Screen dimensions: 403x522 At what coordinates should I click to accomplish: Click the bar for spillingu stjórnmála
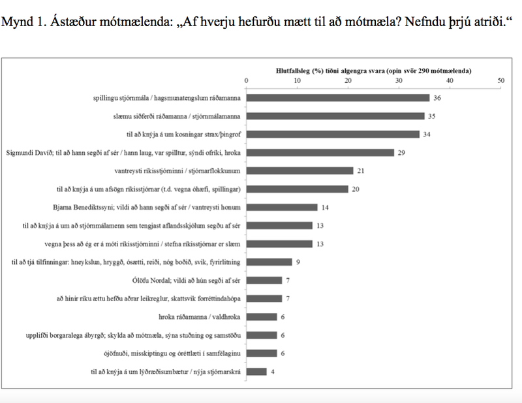338,98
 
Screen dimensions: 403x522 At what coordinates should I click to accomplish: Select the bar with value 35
335,116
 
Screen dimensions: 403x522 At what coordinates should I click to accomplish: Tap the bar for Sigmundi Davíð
320,153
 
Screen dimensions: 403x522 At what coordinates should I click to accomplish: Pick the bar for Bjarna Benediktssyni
282,208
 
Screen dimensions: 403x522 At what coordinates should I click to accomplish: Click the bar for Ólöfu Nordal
264,281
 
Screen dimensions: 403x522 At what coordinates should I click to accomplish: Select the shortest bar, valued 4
256,372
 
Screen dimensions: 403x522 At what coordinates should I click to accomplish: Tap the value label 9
298,263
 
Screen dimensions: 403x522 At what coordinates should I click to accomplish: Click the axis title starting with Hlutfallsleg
373,69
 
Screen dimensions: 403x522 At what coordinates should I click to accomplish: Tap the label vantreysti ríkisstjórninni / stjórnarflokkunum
176,171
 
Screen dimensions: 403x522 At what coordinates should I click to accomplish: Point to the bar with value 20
298,189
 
